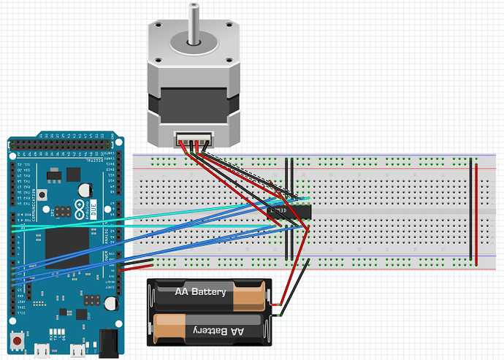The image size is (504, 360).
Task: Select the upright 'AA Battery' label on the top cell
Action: [201, 292]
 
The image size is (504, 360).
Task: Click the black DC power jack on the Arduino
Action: [109, 340]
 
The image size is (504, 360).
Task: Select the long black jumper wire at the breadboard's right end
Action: [471, 212]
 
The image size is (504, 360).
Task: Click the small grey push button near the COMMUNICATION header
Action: [45, 196]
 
